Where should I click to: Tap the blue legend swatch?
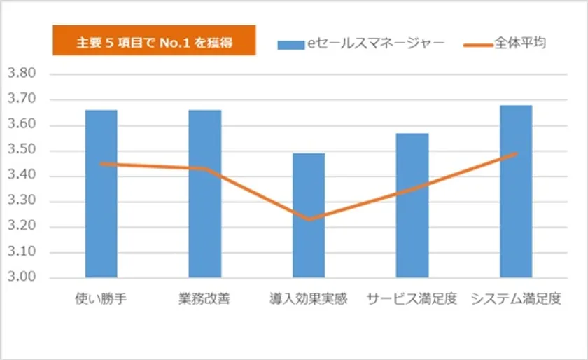[x=290, y=44]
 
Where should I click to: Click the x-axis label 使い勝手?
[x=101, y=299]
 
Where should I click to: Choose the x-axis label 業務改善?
[x=204, y=299]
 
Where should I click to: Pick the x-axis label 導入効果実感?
[x=308, y=299]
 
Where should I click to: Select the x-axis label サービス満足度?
[x=412, y=299]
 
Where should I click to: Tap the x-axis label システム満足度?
[x=516, y=299]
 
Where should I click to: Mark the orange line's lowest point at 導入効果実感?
[x=308, y=219]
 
